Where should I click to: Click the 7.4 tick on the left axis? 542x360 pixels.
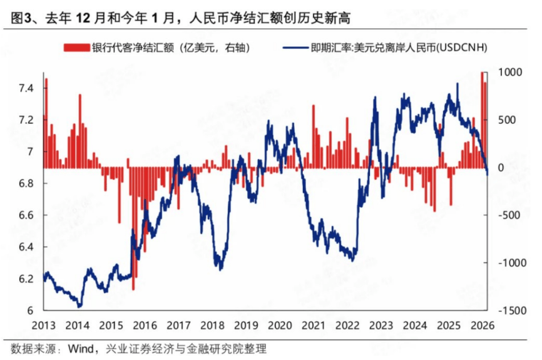tap(28, 88)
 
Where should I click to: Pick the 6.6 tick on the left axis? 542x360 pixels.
tap(28, 215)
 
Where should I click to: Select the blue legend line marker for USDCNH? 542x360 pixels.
tap(295, 48)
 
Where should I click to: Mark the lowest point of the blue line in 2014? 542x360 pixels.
tap(79, 306)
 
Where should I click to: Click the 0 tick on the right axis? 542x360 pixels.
tap(499, 168)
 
